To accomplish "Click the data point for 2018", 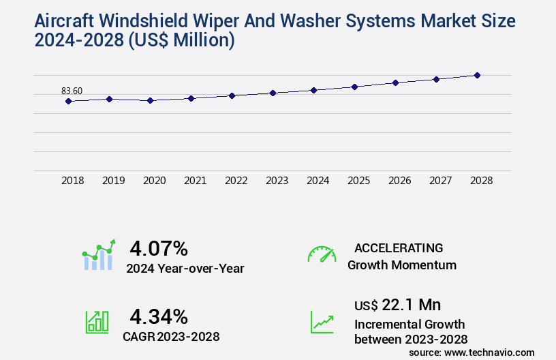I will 68,101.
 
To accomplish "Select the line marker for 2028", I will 477,75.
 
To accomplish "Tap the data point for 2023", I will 273,93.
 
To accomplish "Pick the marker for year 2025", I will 354,87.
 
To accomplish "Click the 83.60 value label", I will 72,91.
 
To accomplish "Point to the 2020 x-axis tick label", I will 154,181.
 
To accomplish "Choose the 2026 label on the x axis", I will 399,181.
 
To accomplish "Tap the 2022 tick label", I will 236,181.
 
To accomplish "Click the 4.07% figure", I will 159,247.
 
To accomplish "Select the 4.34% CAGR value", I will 159,316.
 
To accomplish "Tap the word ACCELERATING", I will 399,247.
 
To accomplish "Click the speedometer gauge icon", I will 322,254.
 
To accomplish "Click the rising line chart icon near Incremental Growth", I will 322,322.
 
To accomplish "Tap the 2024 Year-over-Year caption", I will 185,269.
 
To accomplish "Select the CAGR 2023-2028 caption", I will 171,336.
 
